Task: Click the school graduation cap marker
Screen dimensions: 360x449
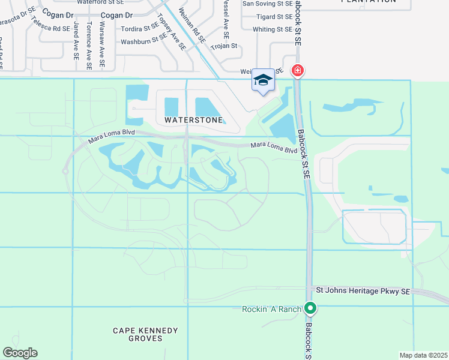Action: click(263, 81)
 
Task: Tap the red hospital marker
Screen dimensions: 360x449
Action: click(297, 71)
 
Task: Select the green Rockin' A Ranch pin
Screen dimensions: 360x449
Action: click(310, 308)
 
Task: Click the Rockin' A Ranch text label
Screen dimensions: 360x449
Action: click(271, 309)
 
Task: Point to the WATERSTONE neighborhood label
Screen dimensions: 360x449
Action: click(189, 120)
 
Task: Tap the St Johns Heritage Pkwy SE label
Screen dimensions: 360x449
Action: click(363, 291)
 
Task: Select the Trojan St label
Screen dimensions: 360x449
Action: click(224, 46)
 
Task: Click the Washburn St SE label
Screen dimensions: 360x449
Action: click(143, 41)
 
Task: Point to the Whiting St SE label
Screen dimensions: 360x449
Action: click(273, 29)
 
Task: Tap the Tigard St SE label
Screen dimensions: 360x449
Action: click(274, 17)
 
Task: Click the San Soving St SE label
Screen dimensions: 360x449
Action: click(267, 4)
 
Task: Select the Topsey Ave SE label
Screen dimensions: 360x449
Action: click(170, 30)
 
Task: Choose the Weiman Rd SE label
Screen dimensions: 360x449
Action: click(193, 25)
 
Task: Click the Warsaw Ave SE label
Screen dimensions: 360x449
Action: click(102, 44)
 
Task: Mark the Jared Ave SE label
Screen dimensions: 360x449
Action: click(76, 41)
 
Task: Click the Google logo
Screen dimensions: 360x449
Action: click(20, 353)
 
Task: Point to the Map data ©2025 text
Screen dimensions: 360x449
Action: click(423, 355)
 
